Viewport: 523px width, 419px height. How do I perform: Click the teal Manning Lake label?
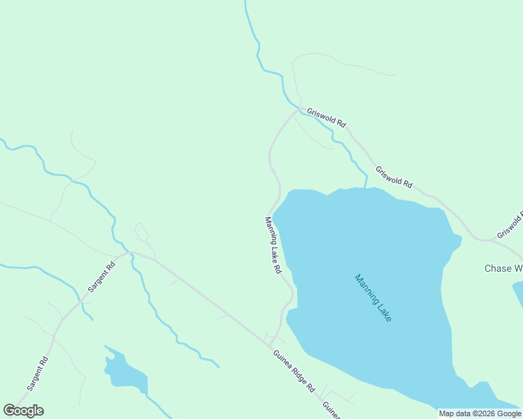click(x=373, y=297)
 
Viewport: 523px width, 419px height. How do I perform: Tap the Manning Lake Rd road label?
click(x=273, y=244)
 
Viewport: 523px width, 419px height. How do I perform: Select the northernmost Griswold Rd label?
click(x=327, y=117)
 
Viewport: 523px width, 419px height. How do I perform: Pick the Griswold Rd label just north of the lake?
click(x=394, y=177)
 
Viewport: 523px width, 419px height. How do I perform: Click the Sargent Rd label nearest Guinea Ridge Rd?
click(x=101, y=277)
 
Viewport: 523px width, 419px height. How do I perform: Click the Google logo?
click(x=23, y=411)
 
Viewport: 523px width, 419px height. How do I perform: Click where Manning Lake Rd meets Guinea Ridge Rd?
click(x=270, y=344)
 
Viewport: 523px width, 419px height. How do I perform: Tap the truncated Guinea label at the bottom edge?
click(x=331, y=410)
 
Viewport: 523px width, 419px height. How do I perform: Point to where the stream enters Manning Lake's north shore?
click(x=365, y=187)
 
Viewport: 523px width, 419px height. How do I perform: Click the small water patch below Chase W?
click(x=517, y=292)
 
